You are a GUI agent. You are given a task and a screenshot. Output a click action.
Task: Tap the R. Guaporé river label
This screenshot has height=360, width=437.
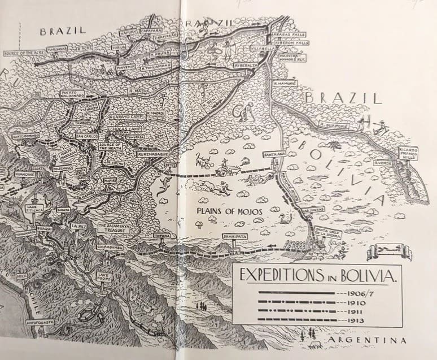pyautogui.click(x=333, y=125)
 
